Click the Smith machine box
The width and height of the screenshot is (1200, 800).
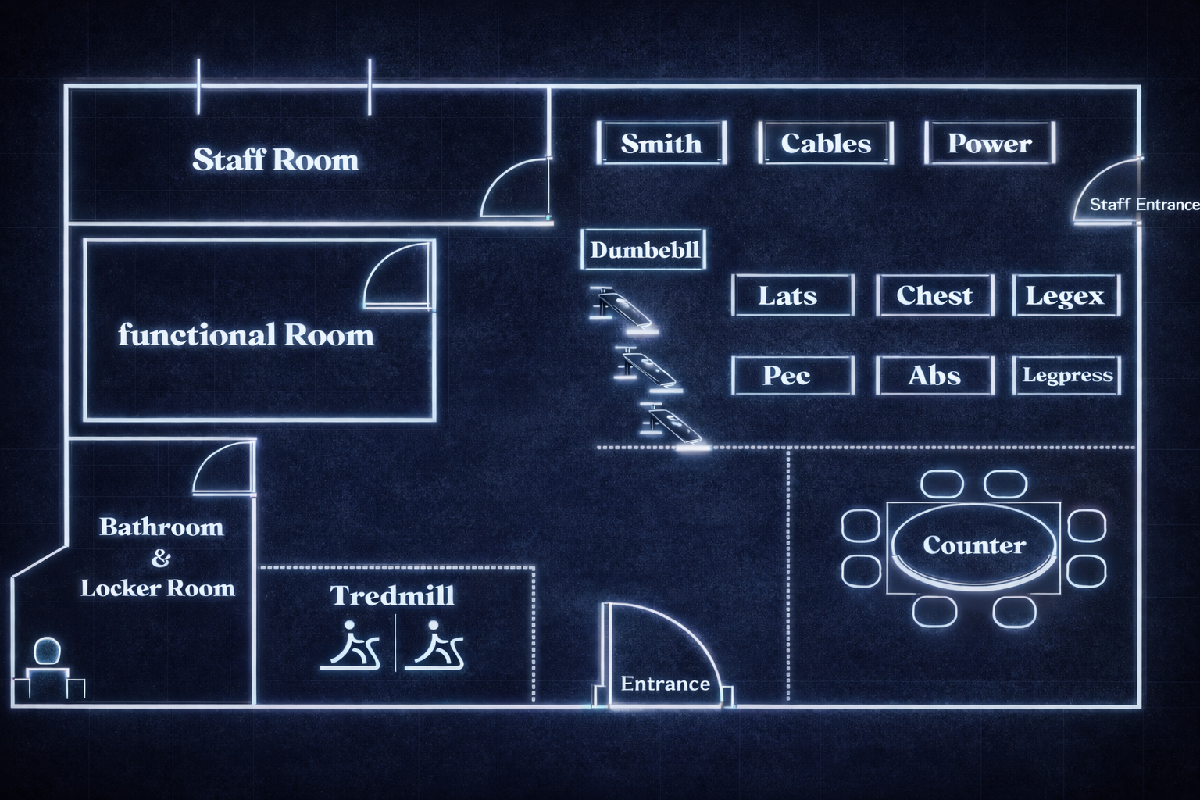pos(662,143)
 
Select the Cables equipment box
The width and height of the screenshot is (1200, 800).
pos(826,143)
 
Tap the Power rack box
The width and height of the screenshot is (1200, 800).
pos(990,143)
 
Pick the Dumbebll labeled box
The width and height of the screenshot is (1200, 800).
pos(645,250)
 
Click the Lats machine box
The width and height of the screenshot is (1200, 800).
pos(792,295)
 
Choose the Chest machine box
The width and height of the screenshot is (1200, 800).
pos(934,295)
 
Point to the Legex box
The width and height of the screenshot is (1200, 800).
pos(1066,295)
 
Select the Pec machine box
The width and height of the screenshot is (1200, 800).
pos(792,375)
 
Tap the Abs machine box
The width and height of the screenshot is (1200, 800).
pos(934,375)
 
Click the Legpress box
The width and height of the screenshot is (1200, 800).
pos(1067,375)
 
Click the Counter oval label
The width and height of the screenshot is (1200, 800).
pos(973,545)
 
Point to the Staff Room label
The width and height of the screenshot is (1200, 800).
pos(275,159)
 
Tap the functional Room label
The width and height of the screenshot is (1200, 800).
pos(246,335)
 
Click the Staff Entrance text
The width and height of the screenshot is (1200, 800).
pos(1144,205)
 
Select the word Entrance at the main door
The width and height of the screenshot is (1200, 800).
pos(665,684)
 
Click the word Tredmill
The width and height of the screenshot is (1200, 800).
pos(391,595)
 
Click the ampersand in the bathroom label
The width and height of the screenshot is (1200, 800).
pos(160,558)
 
